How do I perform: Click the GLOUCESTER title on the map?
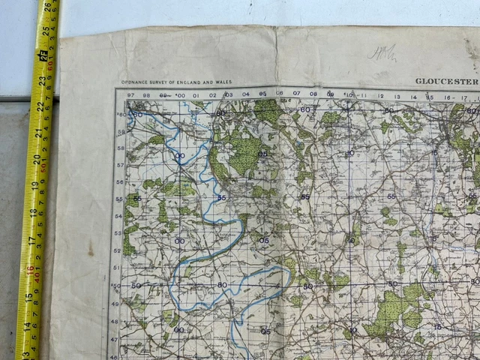tap(446, 81)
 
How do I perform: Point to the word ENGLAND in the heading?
tap(190, 82)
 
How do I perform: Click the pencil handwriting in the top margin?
tap(382, 52)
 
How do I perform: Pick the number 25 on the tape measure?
tap(44, 32)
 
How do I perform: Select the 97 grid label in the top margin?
tap(130, 95)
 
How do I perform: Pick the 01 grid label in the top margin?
tap(196, 95)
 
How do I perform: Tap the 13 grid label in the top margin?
tap(397, 96)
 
